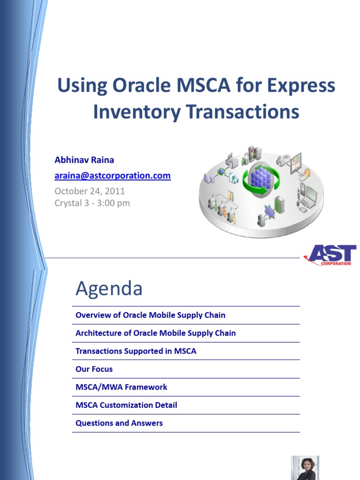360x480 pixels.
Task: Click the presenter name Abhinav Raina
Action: pos(84,160)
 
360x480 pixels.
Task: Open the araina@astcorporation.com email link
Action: pos(112,176)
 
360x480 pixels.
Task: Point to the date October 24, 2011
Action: pos(90,191)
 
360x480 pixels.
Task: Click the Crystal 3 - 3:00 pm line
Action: pos(92,203)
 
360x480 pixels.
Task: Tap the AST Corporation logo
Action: pos(330,255)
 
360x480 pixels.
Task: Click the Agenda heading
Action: pos(109,289)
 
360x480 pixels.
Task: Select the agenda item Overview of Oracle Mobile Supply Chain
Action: pos(150,315)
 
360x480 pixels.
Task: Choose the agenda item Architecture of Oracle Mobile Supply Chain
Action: pos(156,333)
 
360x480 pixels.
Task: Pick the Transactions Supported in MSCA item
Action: pos(136,351)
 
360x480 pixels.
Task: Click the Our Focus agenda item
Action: pos(94,369)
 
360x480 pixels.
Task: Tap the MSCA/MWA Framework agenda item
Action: pos(121,387)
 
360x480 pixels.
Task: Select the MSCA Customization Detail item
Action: pos(126,405)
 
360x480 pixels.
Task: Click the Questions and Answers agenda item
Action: pos(119,423)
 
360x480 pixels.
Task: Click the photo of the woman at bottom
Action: pos(305,467)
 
